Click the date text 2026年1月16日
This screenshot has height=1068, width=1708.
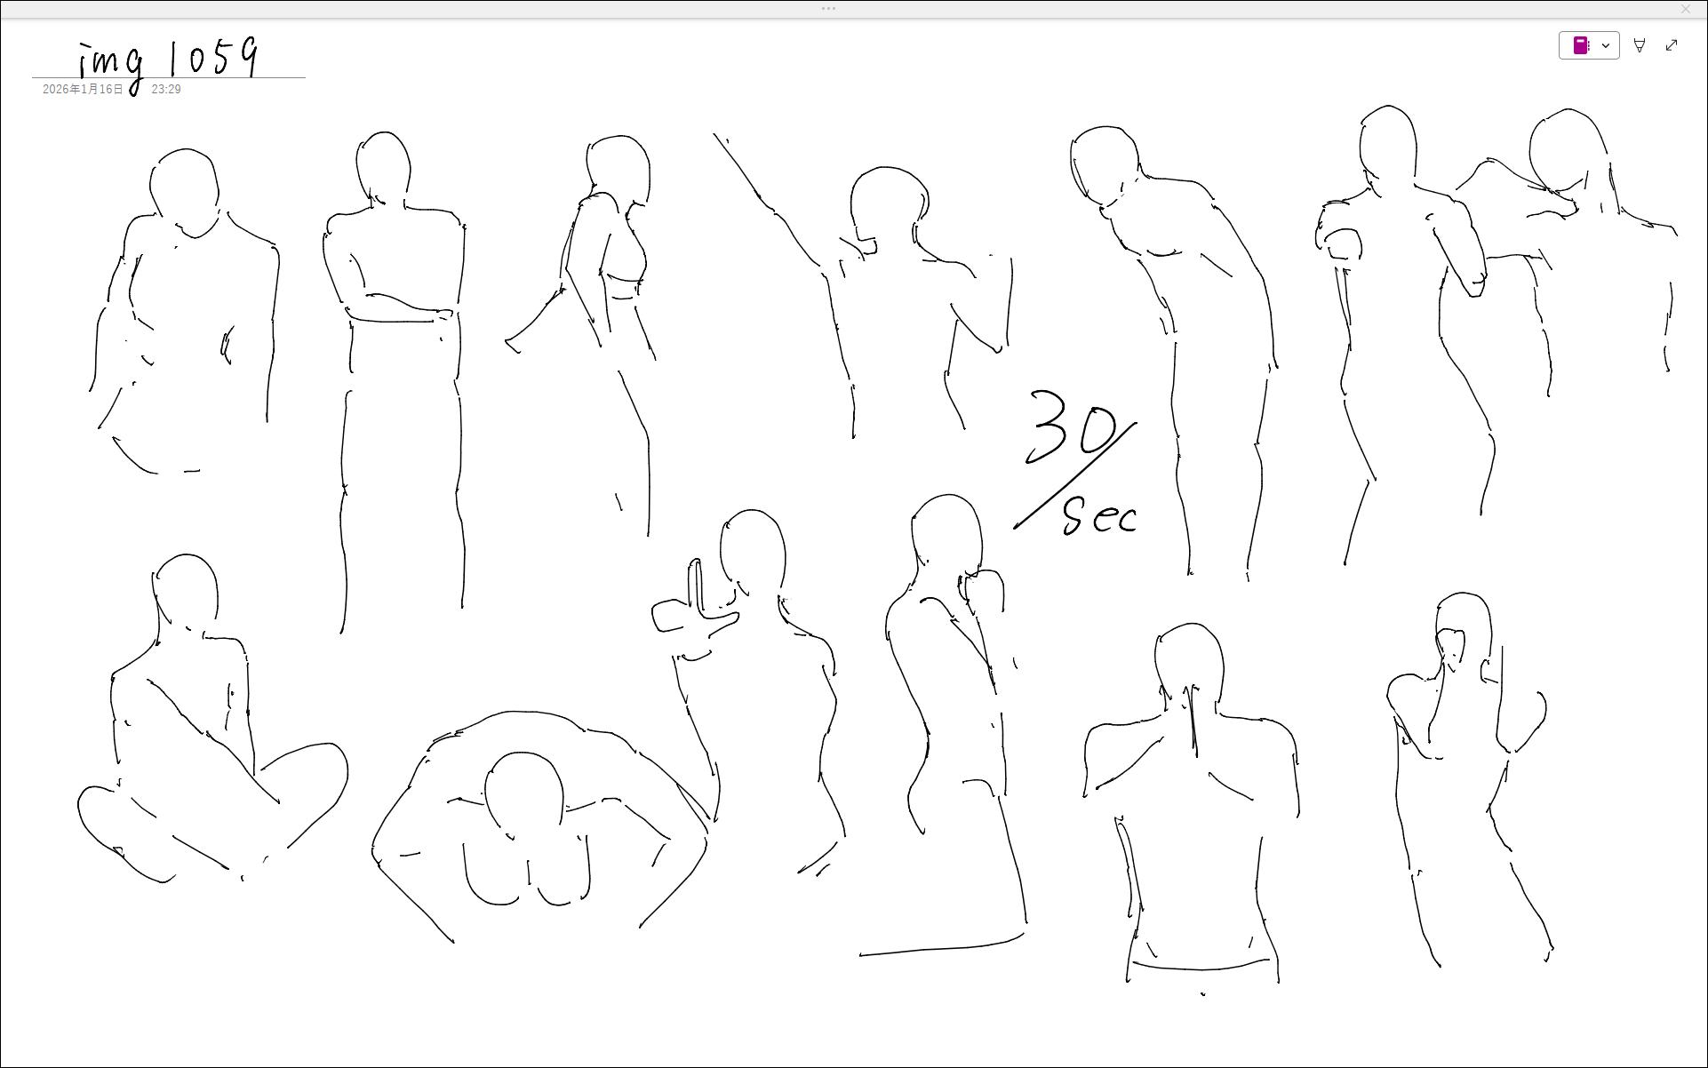(x=83, y=90)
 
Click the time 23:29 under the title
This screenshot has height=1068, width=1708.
(x=166, y=90)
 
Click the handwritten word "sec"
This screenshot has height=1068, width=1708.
(x=1100, y=516)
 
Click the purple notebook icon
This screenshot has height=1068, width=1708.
(x=1581, y=45)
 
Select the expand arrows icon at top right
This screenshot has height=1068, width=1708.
(x=1672, y=45)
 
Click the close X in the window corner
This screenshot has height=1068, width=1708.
(x=1686, y=9)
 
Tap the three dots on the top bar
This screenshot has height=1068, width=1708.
(x=828, y=9)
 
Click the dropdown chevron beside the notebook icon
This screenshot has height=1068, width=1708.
(x=1606, y=45)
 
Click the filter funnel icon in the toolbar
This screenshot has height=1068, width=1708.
(x=1640, y=45)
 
